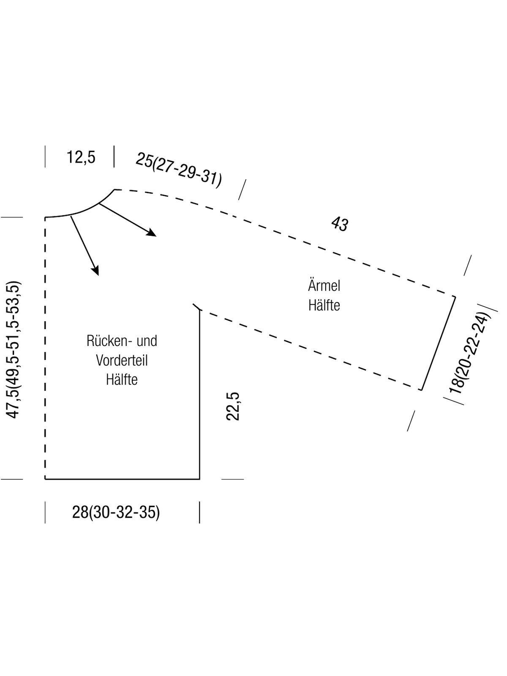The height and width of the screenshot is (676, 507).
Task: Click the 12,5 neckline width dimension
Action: pyautogui.click(x=81, y=157)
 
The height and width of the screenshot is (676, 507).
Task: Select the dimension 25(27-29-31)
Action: pyautogui.click(x=179, y=170)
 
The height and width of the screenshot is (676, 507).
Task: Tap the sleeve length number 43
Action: pyautogui.click(x=340, y=224)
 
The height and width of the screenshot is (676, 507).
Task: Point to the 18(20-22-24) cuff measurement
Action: pyautogui.click(x=469, y=353)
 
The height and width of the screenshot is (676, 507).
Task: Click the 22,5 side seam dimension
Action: pyautogui.click(x=233, y=406)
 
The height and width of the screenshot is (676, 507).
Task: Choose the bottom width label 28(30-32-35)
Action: pyautogui.click(x=116, y=512)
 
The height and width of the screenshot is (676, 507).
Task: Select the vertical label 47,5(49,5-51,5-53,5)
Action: pyautogui.click(x=13, y=349)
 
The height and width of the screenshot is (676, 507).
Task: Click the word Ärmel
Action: pyautogui.click(x=324, y=285)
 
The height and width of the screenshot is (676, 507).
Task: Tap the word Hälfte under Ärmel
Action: pyautogui.click(x=324, y=305)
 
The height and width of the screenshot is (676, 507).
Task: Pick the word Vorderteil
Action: pyautogui.click(x=122, y=360)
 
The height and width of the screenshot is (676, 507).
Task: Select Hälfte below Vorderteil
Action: pyautogui.click(x=122, y=380)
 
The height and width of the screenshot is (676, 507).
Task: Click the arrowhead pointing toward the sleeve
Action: pyautogui.click(x=151, y=232)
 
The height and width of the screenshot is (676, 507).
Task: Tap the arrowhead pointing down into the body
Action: pyautogui.click(x=95, y=270)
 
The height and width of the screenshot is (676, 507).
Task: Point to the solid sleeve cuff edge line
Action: pyautogui.click(x=439, y=343)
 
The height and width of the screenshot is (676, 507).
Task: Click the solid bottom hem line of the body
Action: pyautogui.click(x=122, y=479)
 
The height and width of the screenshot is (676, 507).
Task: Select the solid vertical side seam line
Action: pyautogui.click(x=199, y=395)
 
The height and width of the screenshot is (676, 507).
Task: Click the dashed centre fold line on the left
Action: pyautogui.click(x=45, y=348)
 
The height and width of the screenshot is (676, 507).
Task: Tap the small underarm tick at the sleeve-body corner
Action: pyautogui.click(x=197, y=307)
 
